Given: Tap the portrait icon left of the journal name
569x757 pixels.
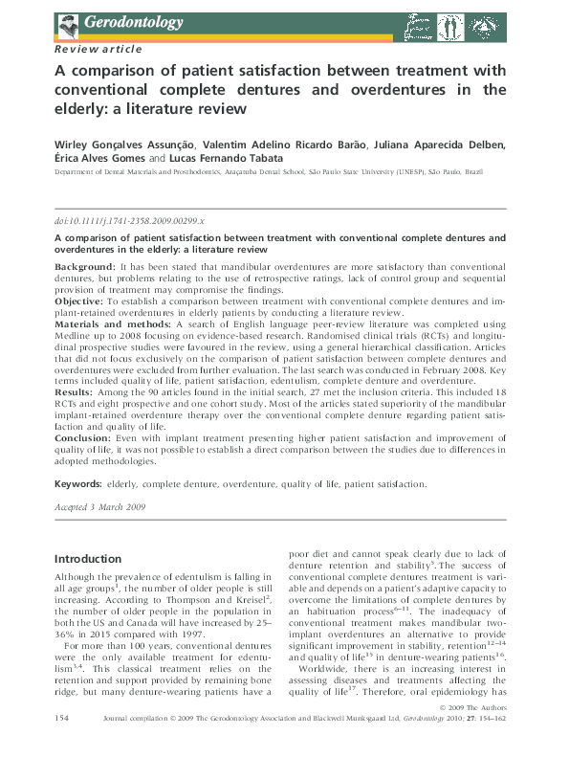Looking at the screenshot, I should click(67, 21).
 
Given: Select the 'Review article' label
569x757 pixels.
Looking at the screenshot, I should click(99, 48).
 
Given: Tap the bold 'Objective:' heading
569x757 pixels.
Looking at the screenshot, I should click(82, 300).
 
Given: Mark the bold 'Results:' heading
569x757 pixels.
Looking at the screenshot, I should click(76, 393).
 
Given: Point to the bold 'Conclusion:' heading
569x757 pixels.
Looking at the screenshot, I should click(87, 437).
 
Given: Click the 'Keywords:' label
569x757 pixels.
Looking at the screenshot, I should click(78, 485).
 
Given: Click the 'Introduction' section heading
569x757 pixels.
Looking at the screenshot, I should click(88, 559).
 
